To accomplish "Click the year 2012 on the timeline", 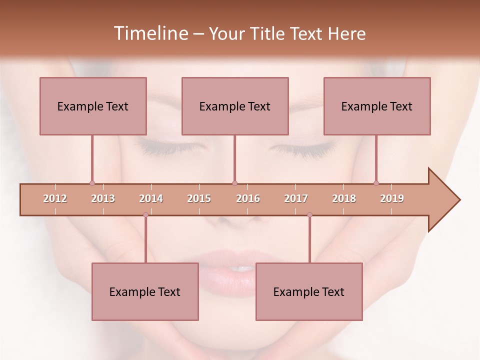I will [x=55, y=198].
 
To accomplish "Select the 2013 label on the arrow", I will [x=103, y=198].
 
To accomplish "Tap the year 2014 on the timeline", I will [x=151, y=198].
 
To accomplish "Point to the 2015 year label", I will [x=199, y=198].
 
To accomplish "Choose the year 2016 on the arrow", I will [x=248, y=198].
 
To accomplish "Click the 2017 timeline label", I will [x=296, y=198].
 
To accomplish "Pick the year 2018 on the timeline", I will [x=344, y=198].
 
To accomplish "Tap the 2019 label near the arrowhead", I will [x=392, y=198].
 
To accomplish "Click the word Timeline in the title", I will [x=150, y=33].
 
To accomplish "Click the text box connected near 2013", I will [x=93, y=106].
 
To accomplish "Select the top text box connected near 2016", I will [x=235, y=106].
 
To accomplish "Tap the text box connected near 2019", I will [x=377, y=106].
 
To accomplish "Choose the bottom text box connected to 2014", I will [x=145, y=291].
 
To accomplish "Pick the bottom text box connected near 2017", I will [x=309, y=291].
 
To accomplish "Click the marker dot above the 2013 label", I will [x=92, y=183].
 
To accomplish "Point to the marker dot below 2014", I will [x=145, y=215].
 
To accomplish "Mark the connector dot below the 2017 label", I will [x=309, y=215].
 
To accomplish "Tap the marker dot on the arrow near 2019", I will [x=376, y=183].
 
